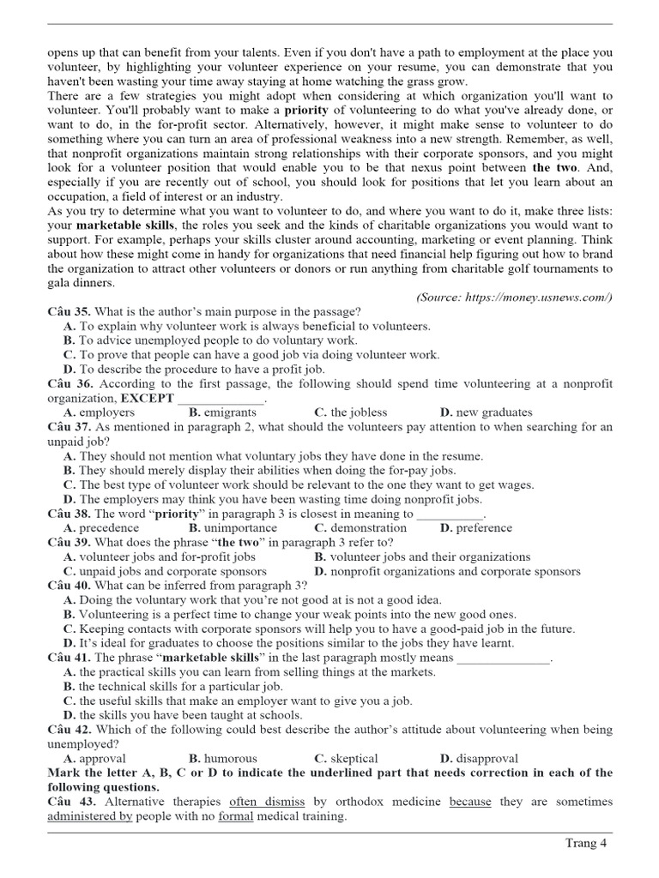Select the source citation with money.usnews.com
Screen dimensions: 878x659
point(514,297)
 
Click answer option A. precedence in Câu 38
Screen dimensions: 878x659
point(102,527)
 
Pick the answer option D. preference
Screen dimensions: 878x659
point(475,527)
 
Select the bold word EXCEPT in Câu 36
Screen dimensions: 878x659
point(147,399)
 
